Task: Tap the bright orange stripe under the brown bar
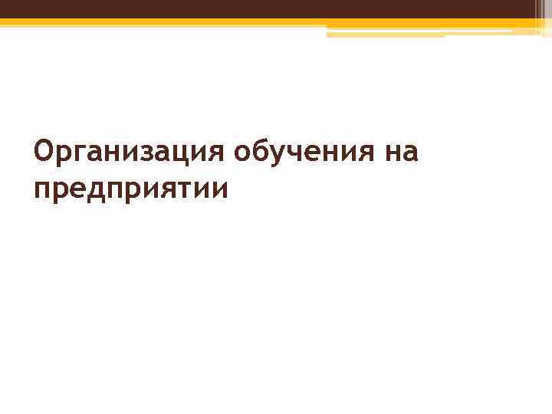point(230,22)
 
